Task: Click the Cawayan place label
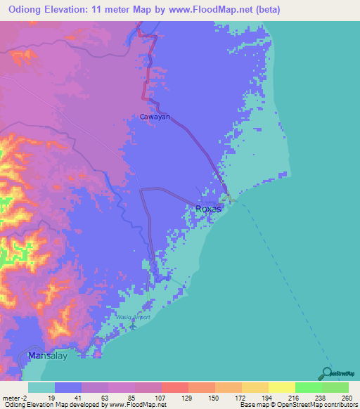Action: [155, 117]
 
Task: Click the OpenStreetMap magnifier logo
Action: [328, 372]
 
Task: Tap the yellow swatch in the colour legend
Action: [281, 387]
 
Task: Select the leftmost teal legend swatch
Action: [41, 387]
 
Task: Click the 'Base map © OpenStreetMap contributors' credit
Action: [297, 405]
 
